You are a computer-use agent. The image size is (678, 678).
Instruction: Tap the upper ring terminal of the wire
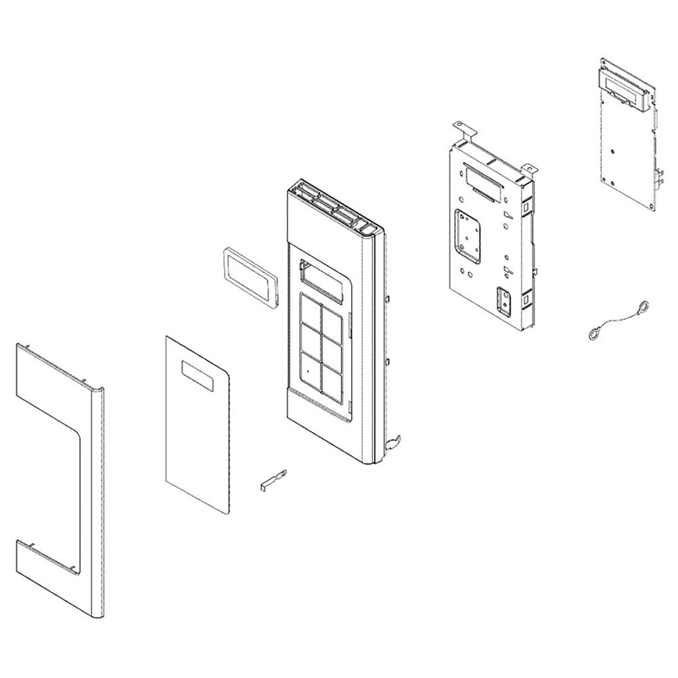tap(643, 306)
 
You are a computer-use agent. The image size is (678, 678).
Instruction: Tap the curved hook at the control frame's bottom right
tap(393, 441)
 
